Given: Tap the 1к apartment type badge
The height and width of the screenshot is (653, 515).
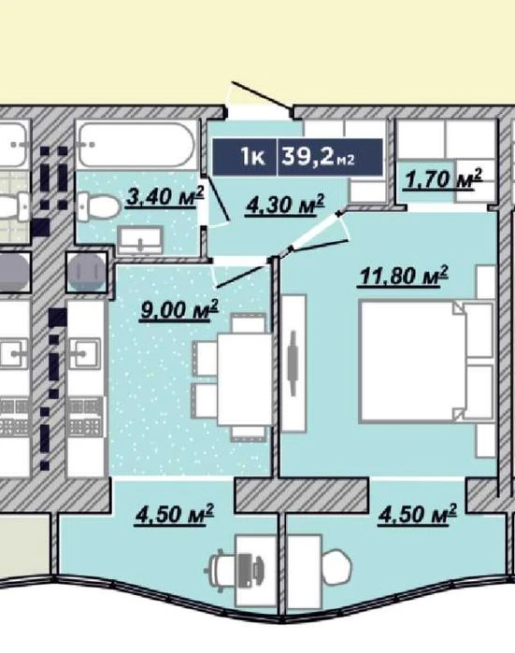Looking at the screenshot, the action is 252,157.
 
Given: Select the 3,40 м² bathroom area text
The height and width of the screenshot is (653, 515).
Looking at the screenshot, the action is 165,196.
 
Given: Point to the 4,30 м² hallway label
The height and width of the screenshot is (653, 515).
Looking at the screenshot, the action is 285,205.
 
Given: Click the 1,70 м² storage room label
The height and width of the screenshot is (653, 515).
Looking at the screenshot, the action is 443,179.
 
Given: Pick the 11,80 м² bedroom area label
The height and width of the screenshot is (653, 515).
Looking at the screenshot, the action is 403,277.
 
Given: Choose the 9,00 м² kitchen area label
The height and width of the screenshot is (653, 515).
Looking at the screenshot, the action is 179,310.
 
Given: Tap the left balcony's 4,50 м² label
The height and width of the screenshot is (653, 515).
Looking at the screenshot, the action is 174,515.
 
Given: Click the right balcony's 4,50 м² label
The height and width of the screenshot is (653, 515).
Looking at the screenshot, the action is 417,514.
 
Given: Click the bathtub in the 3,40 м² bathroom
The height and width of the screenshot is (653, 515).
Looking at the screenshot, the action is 136,145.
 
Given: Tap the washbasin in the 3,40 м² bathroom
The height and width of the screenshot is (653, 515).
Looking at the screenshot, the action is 139,240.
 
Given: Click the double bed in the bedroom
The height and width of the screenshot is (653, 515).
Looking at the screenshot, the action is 426,362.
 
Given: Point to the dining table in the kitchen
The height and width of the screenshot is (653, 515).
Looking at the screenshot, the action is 245,379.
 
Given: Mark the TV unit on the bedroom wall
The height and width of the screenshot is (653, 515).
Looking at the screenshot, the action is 293,362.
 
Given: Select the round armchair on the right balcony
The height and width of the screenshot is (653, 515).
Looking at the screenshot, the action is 336,566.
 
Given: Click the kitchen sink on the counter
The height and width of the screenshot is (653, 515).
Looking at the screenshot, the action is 85,353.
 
